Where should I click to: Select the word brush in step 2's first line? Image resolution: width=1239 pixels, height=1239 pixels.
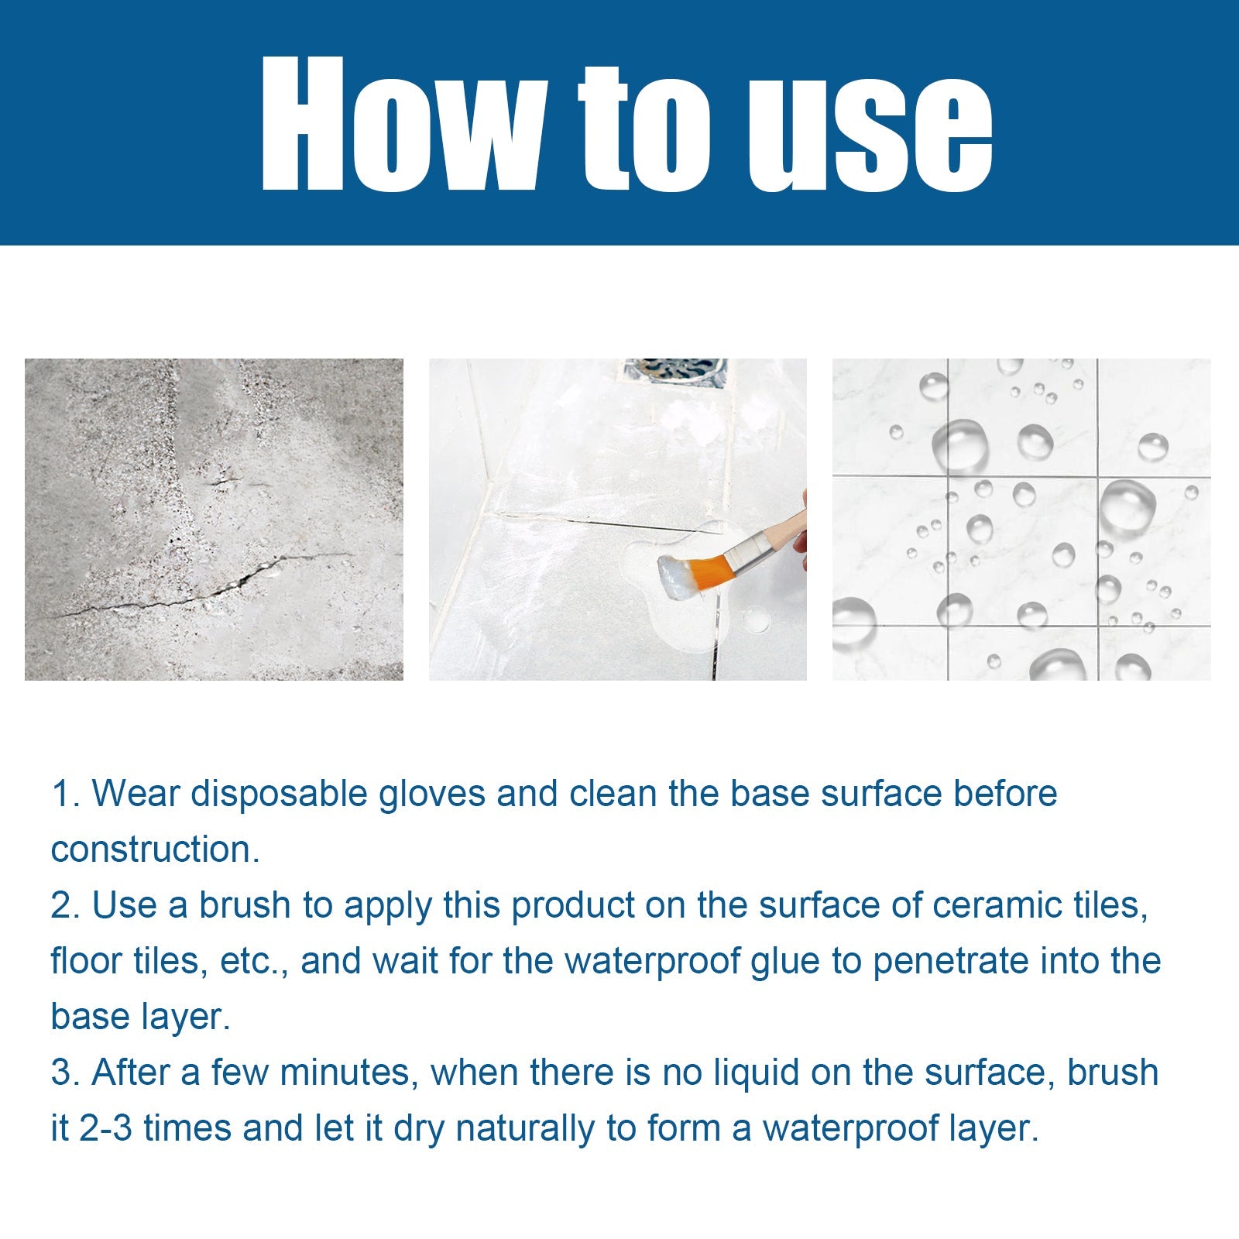[244, 905]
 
